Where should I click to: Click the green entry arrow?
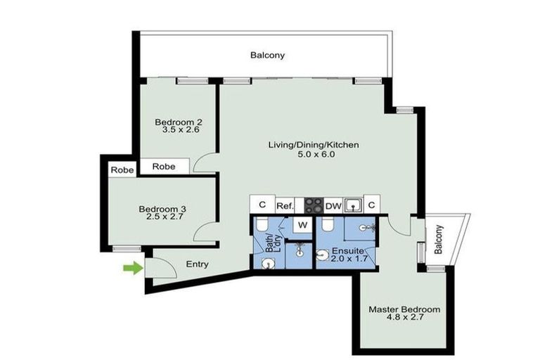131,267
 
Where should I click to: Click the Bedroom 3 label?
162,209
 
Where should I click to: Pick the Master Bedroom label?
404,309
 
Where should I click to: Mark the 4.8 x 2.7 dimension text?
404,318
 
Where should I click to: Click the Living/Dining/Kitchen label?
314,145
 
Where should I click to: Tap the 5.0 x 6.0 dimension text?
314,154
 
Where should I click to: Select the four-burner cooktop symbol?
314,205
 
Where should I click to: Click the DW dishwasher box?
333,205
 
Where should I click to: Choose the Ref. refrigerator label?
285,205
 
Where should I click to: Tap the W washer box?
302,225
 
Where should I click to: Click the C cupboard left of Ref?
262,205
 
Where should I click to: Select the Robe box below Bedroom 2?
164,167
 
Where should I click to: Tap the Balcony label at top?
268,55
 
